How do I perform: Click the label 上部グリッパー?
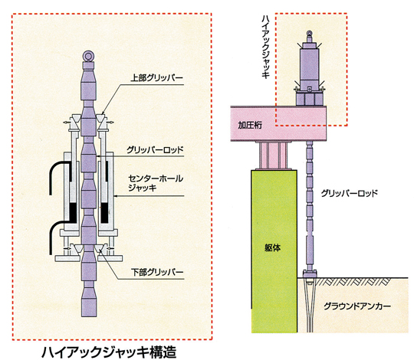tap(157, 78)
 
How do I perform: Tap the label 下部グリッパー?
tap(157, 272)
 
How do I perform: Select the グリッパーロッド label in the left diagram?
tap(155, 150)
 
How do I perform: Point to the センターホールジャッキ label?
tap(156, 183)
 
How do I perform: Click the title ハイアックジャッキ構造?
tap(109, 352)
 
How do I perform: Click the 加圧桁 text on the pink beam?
tap(250, 125)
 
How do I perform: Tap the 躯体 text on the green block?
tap(272, 248)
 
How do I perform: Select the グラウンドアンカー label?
tap(357, 306)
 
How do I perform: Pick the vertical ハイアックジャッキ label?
tap(265, 47)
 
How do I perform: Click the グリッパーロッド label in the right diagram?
tap(350, 193)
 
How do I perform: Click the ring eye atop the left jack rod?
tap(88, 56)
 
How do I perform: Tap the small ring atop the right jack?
tap(310, 33)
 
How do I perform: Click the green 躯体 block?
tap(274, 251)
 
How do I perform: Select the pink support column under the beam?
tap(273, 155)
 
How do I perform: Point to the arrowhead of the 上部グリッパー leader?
tap(103, 114)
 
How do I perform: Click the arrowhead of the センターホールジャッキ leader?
tap(116, 196)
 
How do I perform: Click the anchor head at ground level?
tap(310, 274)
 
